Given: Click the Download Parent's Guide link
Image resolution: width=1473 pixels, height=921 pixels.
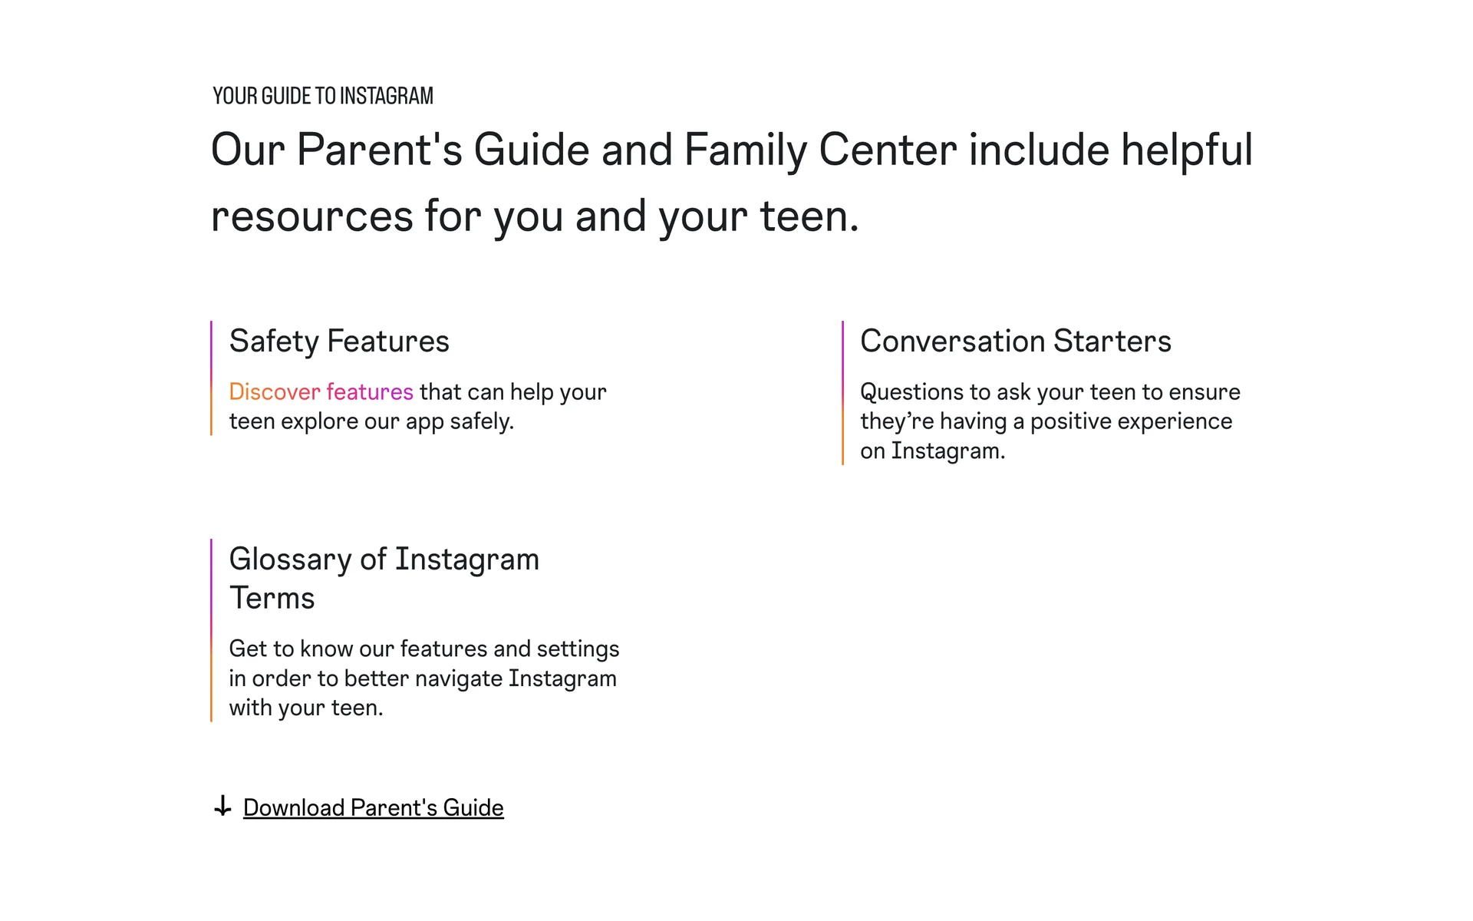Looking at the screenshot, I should (x=373, y=807).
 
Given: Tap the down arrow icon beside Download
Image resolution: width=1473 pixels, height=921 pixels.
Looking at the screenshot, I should (x=222, y=806).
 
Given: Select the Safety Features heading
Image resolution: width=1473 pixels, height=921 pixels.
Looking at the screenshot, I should (x=339, y=341).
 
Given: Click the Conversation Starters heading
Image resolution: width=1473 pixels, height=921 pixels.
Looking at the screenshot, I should (x=1015, y=341).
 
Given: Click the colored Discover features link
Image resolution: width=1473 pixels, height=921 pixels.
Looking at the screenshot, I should (x=321, y=391).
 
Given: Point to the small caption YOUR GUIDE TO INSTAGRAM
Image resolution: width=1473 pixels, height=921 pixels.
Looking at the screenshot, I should (x=323, y=96).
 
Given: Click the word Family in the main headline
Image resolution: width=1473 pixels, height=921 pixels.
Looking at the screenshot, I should (x=745, y=150).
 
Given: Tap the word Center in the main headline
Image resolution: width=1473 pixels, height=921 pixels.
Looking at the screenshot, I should (x=888, y=150).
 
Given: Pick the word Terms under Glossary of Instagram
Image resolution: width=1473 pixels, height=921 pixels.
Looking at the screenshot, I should (x=272, y=598).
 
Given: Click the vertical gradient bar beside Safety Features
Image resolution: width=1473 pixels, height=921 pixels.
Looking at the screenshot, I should (x=211, y=378).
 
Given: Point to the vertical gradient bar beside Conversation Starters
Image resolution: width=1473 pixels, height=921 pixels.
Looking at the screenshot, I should (x=842, y=393).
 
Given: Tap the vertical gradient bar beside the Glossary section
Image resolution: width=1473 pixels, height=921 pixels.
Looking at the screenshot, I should (x=211, y=630).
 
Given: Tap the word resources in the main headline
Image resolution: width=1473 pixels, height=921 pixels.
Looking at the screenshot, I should (x=311, y=216).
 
